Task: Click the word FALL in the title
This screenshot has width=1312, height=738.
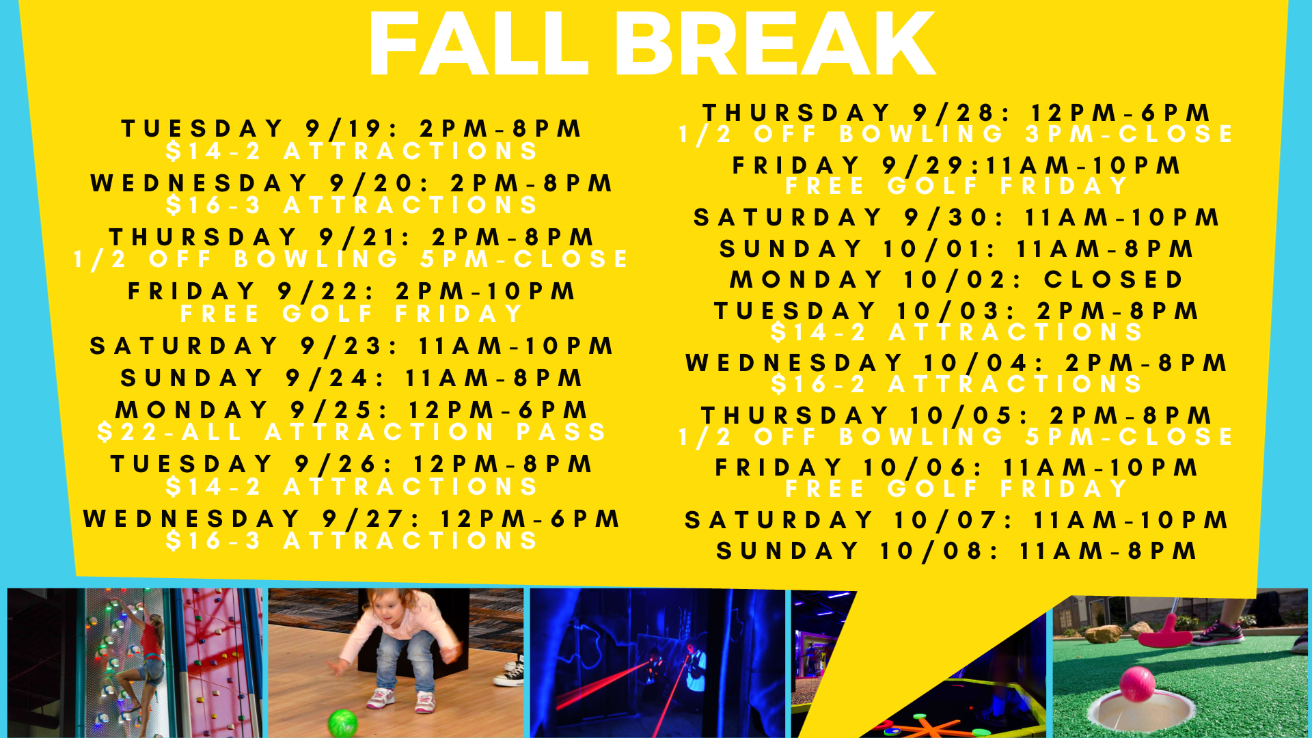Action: click(479, 44)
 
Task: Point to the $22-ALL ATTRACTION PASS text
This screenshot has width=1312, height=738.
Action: click(352, 432)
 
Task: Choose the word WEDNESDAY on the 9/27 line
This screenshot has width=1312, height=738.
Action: click(191, 519)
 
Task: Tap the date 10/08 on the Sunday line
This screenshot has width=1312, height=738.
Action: click(940, 551)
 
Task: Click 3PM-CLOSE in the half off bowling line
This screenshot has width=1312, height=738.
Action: click(1129, 134)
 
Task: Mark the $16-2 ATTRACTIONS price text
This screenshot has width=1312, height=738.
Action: click(957, 384)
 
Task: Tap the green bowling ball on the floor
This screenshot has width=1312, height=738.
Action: click(343, 722)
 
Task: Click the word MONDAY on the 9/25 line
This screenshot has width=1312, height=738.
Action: click(192, 410)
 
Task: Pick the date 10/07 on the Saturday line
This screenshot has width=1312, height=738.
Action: click(953, 520)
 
